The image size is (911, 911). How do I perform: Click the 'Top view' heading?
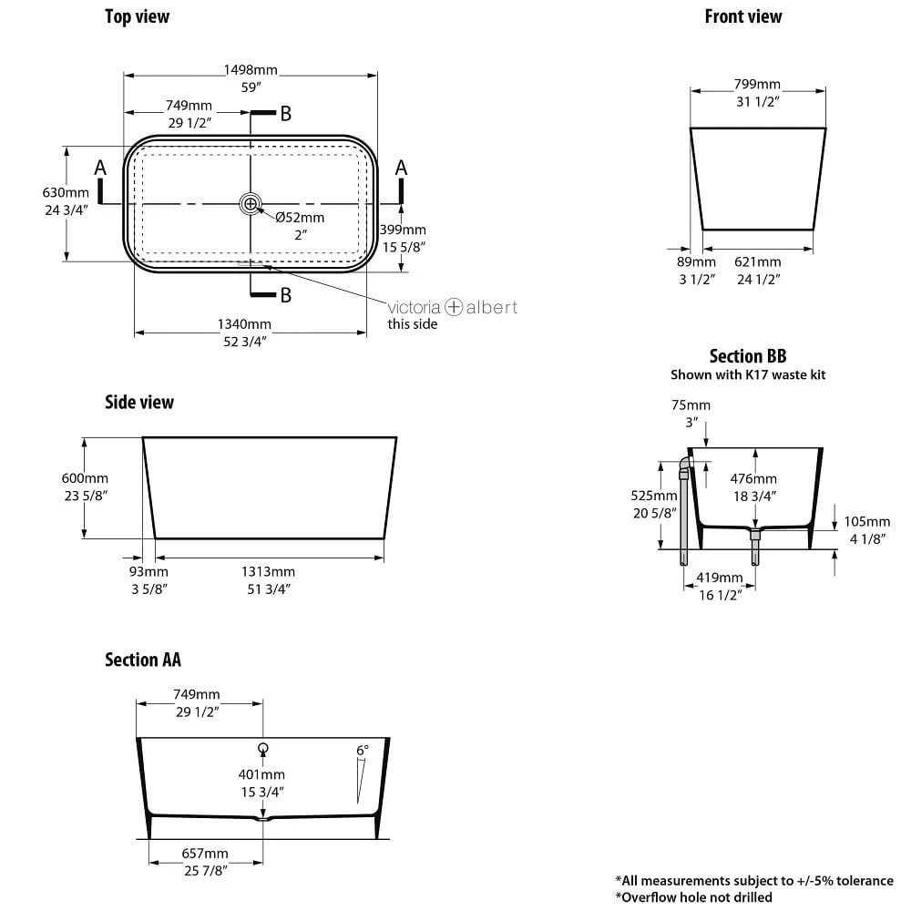click(x=137, y=16)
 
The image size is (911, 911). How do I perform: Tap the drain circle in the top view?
click(x=251, y=203)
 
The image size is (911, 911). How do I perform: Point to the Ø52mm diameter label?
click(x=300, y=218)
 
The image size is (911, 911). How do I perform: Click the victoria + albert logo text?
click(x=453, y=307)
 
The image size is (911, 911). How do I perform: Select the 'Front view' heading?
click(x=743, y=16)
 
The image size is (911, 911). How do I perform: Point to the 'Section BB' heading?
click(x=748, y=356)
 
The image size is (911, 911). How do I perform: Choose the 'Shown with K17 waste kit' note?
click(x=748, y=374)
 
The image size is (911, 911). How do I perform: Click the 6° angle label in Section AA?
click(x=363, y=751)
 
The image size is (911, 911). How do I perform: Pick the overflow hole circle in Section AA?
click(x=263, y=748)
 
